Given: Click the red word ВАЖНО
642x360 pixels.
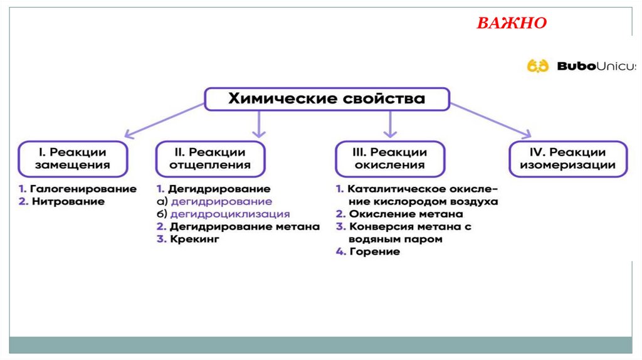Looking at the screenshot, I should [x=512, y=23].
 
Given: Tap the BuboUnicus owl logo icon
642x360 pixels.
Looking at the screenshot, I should [x=537, y=66].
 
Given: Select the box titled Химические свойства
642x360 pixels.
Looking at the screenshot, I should [x=327, y=99].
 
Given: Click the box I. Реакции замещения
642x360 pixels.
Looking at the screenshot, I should [x=73, y=159].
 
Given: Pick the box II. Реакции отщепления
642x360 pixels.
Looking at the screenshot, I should [x=211, y=159].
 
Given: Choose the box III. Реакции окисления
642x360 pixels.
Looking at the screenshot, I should [x=390, y=159].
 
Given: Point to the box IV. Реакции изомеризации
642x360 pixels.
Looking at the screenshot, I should [x=567, y=159].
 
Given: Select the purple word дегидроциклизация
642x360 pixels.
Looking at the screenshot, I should [x=230, y=214].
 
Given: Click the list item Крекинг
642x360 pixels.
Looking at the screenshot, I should [x=195, y=239].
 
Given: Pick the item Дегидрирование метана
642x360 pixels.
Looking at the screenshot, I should [x=245, y=226].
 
